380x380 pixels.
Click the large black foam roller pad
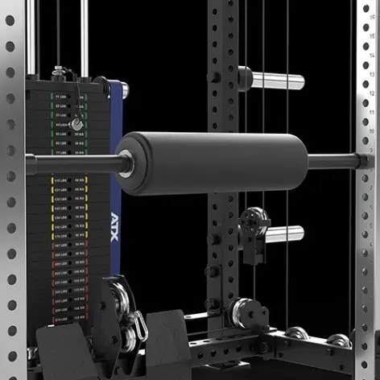click(211, 163)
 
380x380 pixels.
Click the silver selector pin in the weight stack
click(76, 125)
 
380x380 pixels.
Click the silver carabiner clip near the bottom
click(138, 327)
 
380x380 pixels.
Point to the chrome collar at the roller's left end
click(126, 163)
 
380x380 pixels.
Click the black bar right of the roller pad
click(330, 161)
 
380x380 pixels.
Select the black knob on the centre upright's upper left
click(216, 76)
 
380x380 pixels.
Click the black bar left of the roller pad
click(72, 163)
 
